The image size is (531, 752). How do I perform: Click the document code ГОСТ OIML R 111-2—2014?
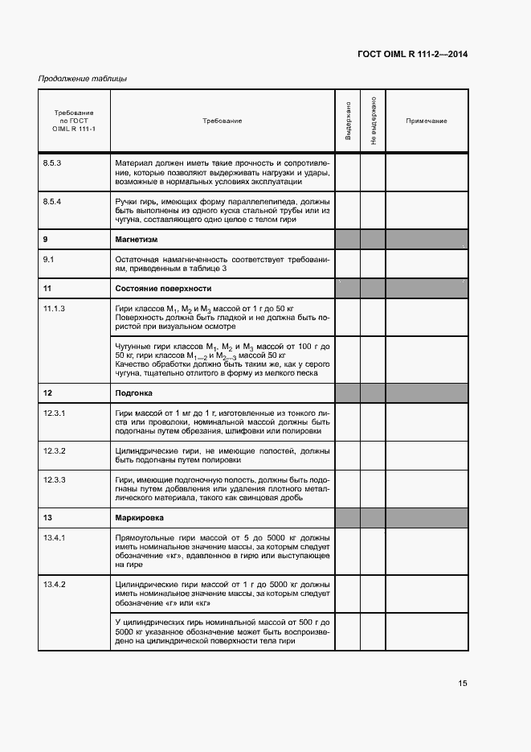pos(412,55)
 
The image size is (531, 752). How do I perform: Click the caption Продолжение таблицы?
pos(82,79)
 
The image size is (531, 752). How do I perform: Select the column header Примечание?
pos(426,121)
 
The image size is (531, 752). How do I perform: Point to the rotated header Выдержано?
pos(348,121)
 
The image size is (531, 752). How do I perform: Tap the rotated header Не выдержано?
pos(374,121)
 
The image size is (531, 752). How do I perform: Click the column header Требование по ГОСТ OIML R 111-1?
pos(73,121)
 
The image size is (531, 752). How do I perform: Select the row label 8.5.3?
pos(52,163)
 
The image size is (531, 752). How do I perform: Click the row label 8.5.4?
pos(52,201)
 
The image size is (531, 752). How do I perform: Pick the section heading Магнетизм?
pos(136,240)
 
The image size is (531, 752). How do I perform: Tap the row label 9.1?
pos(48,259)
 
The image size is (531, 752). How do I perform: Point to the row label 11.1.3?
pos(53,308)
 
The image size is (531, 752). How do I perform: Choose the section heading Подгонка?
pos(134,393)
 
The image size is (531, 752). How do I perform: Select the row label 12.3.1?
pos(53,413)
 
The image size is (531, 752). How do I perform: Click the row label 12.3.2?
pos(53,450)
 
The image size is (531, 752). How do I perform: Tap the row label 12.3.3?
pos(53,480)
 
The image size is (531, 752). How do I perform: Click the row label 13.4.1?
pos(53,537)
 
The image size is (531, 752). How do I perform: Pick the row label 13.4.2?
pos(53,583)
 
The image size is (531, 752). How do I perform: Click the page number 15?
pos(463,684)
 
